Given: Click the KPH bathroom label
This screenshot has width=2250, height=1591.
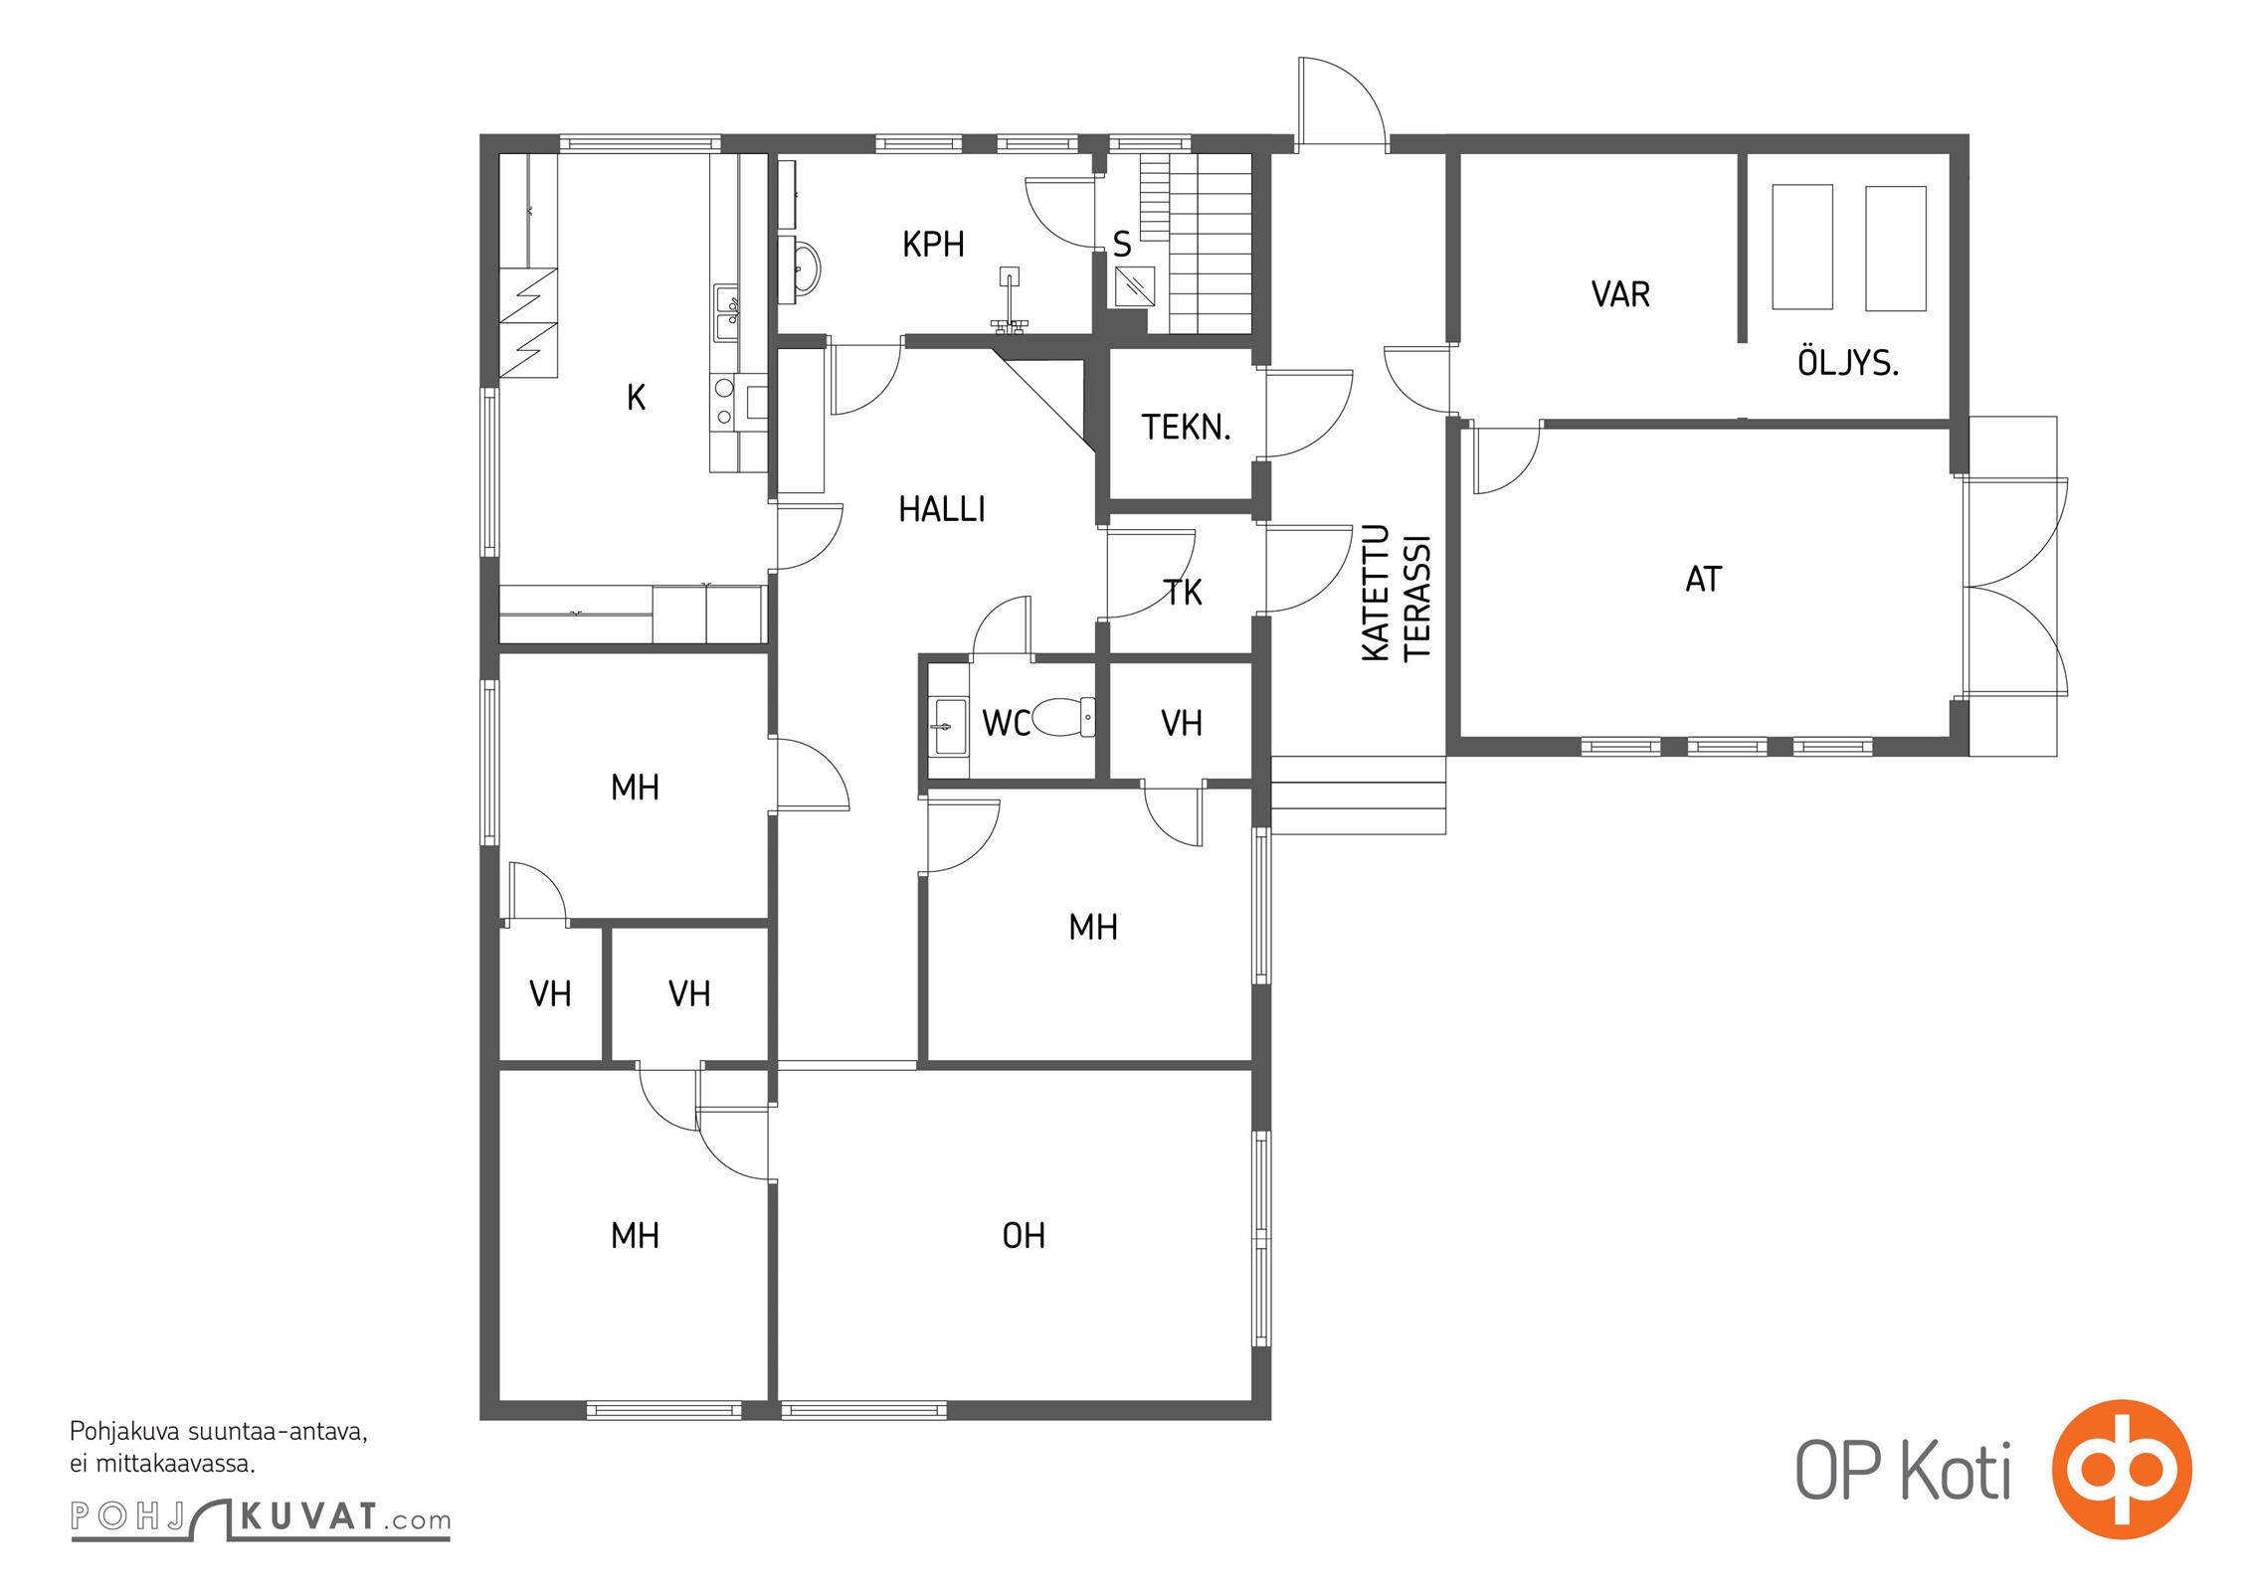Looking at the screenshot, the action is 933,245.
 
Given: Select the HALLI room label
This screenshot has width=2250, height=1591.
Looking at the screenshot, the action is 942,510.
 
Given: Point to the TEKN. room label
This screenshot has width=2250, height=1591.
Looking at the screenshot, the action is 1186,428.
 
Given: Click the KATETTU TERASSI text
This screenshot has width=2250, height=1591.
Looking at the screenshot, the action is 1396,593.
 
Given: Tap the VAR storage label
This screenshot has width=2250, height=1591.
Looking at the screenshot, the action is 1620,294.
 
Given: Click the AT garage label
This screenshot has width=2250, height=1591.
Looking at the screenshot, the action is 1703,580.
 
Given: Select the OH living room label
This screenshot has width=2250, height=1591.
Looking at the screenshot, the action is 1024,1236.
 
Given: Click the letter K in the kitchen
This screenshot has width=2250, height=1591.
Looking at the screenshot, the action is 637,398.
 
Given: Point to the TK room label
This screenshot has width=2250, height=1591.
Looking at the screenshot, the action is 1183,593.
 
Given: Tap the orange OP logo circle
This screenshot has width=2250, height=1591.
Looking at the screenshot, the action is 2123,1470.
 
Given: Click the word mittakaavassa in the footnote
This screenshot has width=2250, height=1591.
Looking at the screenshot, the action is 175,1464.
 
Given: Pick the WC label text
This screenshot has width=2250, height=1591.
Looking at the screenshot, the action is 1006,723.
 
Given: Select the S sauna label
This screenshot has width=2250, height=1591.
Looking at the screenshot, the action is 1122,244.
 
